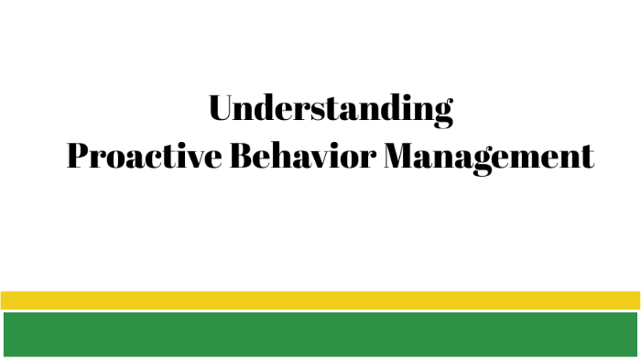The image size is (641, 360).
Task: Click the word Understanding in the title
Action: coord(331,109)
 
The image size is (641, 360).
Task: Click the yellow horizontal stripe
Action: coord(320,300)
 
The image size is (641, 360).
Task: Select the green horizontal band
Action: coord(320,333)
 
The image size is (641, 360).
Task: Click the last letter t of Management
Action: coord(587,158)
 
